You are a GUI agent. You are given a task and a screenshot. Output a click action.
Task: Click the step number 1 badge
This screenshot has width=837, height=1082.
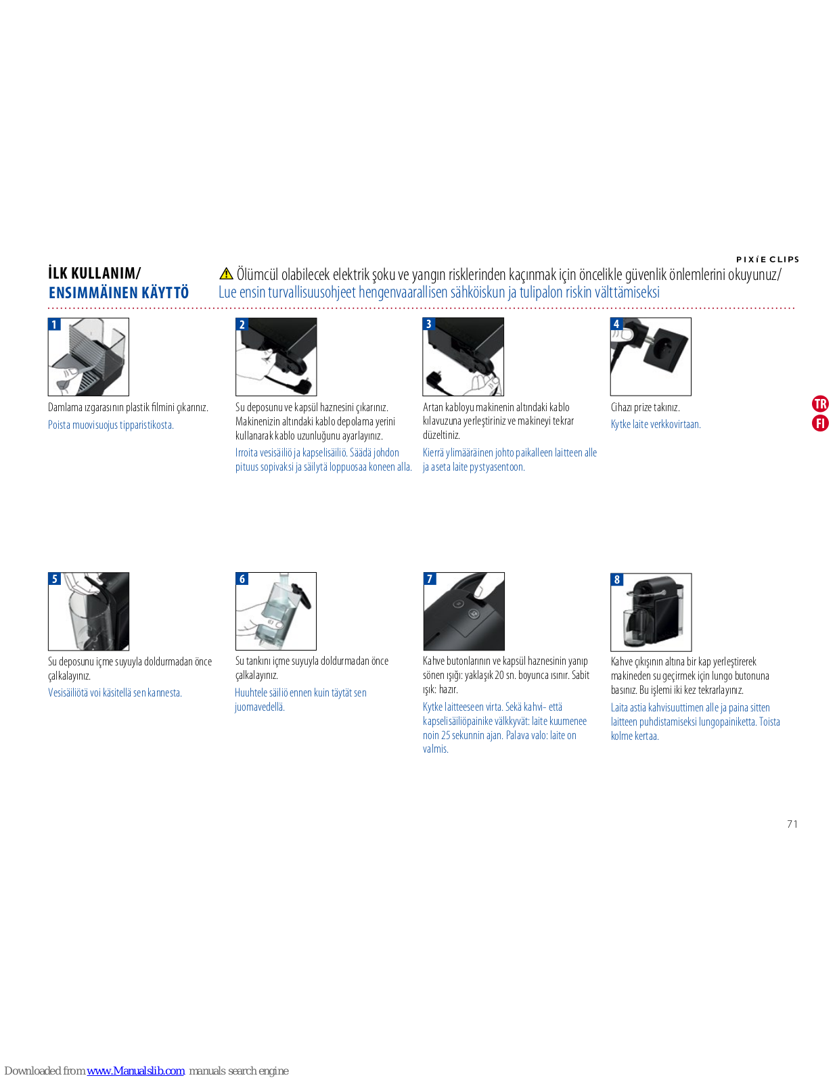[x=54, y=325]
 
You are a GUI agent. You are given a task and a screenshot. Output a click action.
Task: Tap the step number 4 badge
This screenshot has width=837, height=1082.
[x=616, y=324]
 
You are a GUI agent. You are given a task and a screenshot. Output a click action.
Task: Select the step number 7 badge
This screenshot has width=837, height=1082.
[x=430, y=579]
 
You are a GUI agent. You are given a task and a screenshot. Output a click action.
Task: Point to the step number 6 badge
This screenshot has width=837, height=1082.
[x=242, y=579]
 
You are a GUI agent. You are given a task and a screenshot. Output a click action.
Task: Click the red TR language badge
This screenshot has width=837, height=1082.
[x=820, y=403]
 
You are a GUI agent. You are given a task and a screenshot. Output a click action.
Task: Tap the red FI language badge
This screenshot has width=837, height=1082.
[x=820, y=423]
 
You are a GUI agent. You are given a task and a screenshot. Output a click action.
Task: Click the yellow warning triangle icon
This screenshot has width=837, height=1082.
[x=226, y=273]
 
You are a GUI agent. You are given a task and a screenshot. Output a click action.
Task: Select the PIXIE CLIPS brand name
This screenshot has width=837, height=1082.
[x=767, y=259]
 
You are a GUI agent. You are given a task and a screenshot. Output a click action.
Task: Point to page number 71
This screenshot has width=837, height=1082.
[x=792, y=824]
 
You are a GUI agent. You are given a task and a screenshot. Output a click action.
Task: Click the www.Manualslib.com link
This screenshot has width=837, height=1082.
[x=135, y=1071]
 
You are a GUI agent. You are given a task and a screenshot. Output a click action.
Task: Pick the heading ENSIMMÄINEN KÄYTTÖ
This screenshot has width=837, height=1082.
[x=118, y=293]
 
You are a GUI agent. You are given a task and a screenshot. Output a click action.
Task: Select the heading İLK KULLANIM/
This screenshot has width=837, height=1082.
[x=95, y=273]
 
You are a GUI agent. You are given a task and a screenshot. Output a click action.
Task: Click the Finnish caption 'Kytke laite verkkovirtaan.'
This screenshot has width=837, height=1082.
[x=656, y=424]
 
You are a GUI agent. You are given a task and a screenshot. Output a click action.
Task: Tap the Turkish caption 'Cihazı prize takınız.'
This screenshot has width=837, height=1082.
[x=646, y=407]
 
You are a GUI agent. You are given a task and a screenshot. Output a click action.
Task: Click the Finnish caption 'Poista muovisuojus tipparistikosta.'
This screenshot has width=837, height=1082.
[x=110, y=425]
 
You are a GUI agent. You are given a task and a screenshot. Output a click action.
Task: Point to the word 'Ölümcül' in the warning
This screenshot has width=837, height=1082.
[x=258, y=274]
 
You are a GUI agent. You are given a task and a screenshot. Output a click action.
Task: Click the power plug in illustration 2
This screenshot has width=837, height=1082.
[x=303, y=384]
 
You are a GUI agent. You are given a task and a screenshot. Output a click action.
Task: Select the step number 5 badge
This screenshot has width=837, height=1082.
[x=55, y=579]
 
